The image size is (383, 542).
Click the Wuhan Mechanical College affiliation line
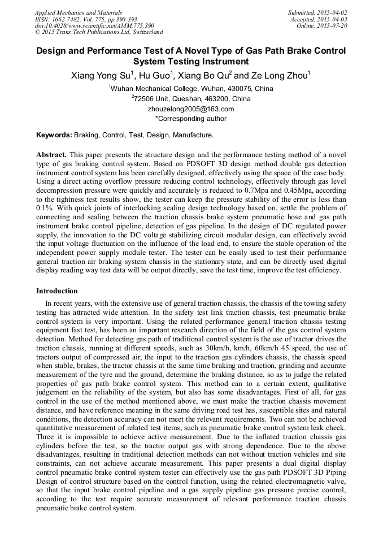[x=191, y=89]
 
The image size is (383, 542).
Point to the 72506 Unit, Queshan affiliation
[x=191, y=99]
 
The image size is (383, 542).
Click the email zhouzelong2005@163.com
[x=191, y=109]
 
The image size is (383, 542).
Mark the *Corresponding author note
[x=191, y=119]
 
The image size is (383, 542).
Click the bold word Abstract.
[x=52, y=154]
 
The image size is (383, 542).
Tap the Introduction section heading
[x=57, y=291]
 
